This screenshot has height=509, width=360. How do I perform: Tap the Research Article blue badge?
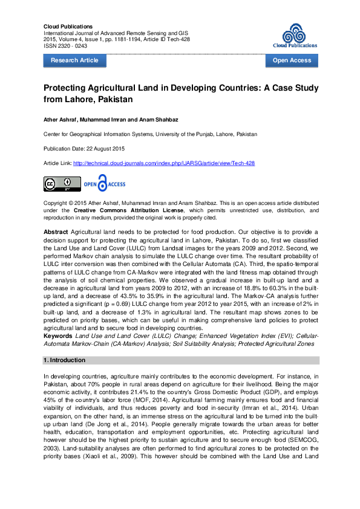tap(74, 60)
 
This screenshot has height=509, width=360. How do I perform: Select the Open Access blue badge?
tap(292, 60)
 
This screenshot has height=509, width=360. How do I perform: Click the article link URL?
tap(164, 163)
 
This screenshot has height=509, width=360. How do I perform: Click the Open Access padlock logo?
tap(104, 184)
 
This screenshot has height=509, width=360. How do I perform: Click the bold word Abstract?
tap(56, 232)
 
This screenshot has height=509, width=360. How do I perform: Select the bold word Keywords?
tap(58, 336)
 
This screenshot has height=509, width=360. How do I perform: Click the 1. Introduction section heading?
tap(64, 360)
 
